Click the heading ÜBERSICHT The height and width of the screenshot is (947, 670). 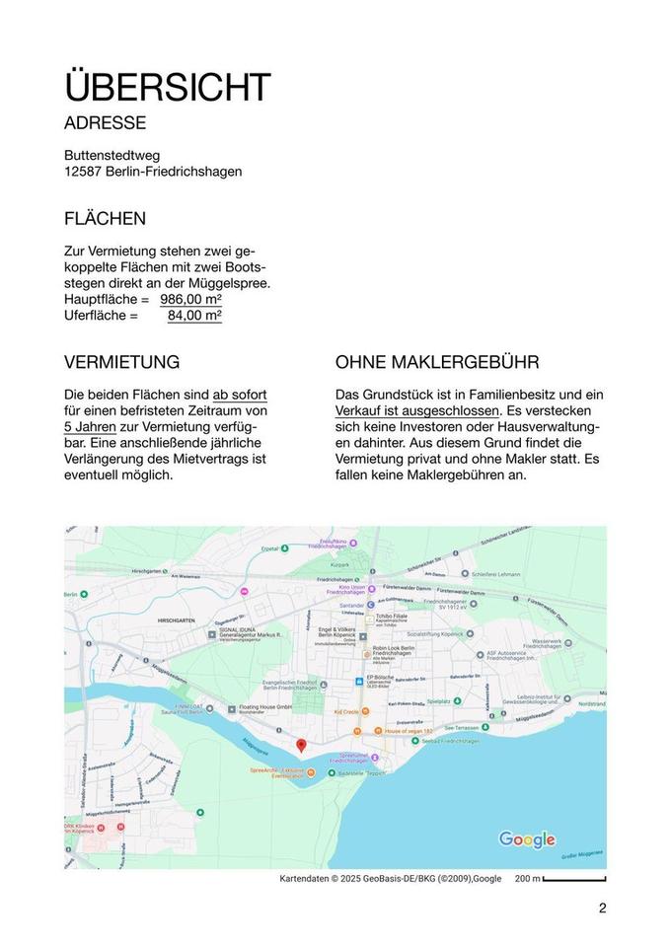point(167,87)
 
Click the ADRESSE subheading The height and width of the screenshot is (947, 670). point(105,123)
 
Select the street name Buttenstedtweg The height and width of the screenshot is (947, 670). point(112,155)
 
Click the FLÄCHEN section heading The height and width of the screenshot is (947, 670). point(105,218)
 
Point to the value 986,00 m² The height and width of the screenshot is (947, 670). point(190,299)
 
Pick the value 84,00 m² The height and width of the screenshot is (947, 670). point(194,315)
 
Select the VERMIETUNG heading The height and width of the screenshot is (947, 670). point(121,362)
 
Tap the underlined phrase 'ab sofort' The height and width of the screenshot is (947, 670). point(240,395)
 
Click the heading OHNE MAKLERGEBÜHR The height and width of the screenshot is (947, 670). point(437,362)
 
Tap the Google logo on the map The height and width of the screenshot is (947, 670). point(527,839)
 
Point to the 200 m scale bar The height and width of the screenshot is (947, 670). point(573,878)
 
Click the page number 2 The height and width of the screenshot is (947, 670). point(602,909)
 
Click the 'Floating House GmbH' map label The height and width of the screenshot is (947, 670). point(265,707)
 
